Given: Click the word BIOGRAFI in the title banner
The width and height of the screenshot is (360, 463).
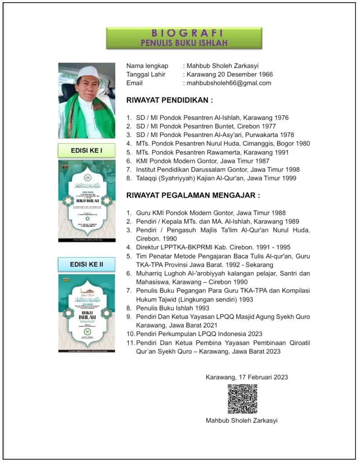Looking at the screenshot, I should (x=184, y=33).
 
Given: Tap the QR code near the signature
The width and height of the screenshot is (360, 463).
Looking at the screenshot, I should (x=242, y=399).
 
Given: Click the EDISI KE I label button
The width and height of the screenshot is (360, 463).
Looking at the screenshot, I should (x=86, y=150).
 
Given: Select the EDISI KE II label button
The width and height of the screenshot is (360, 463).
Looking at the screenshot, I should (x=86, y=264).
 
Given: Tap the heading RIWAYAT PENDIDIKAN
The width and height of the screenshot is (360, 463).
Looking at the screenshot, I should (x=169, y=100).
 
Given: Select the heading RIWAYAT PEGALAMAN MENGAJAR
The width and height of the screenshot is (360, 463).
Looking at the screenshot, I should (x=193, y=196).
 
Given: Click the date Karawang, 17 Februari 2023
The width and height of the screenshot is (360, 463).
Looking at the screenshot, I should (x=247, y=377).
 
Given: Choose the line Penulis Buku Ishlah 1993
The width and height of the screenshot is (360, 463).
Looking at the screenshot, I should (x=174, y=308).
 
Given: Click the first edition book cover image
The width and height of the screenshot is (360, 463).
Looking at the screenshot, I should (x=86, y=201).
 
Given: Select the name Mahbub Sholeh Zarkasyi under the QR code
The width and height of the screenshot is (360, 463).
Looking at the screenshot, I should (x=242, y=420).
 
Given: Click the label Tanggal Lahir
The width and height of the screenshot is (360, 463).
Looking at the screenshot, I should (x=145, y=74).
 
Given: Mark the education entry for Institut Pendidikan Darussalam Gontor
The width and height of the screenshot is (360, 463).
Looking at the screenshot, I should (x=218, y=170).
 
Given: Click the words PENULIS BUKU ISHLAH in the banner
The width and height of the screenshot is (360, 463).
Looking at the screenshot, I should (x=184, y=43).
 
